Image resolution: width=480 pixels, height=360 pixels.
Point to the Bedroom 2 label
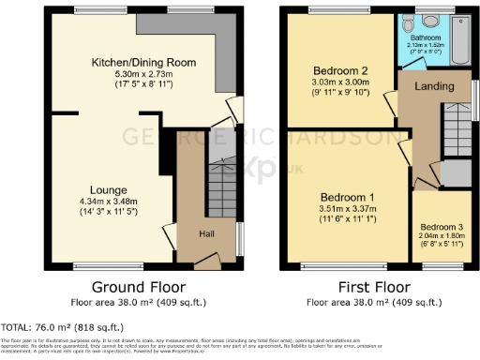coord(334,70)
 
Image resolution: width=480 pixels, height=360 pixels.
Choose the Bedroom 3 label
coord(441,227)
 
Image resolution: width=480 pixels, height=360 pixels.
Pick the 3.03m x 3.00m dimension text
coord(334,82)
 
